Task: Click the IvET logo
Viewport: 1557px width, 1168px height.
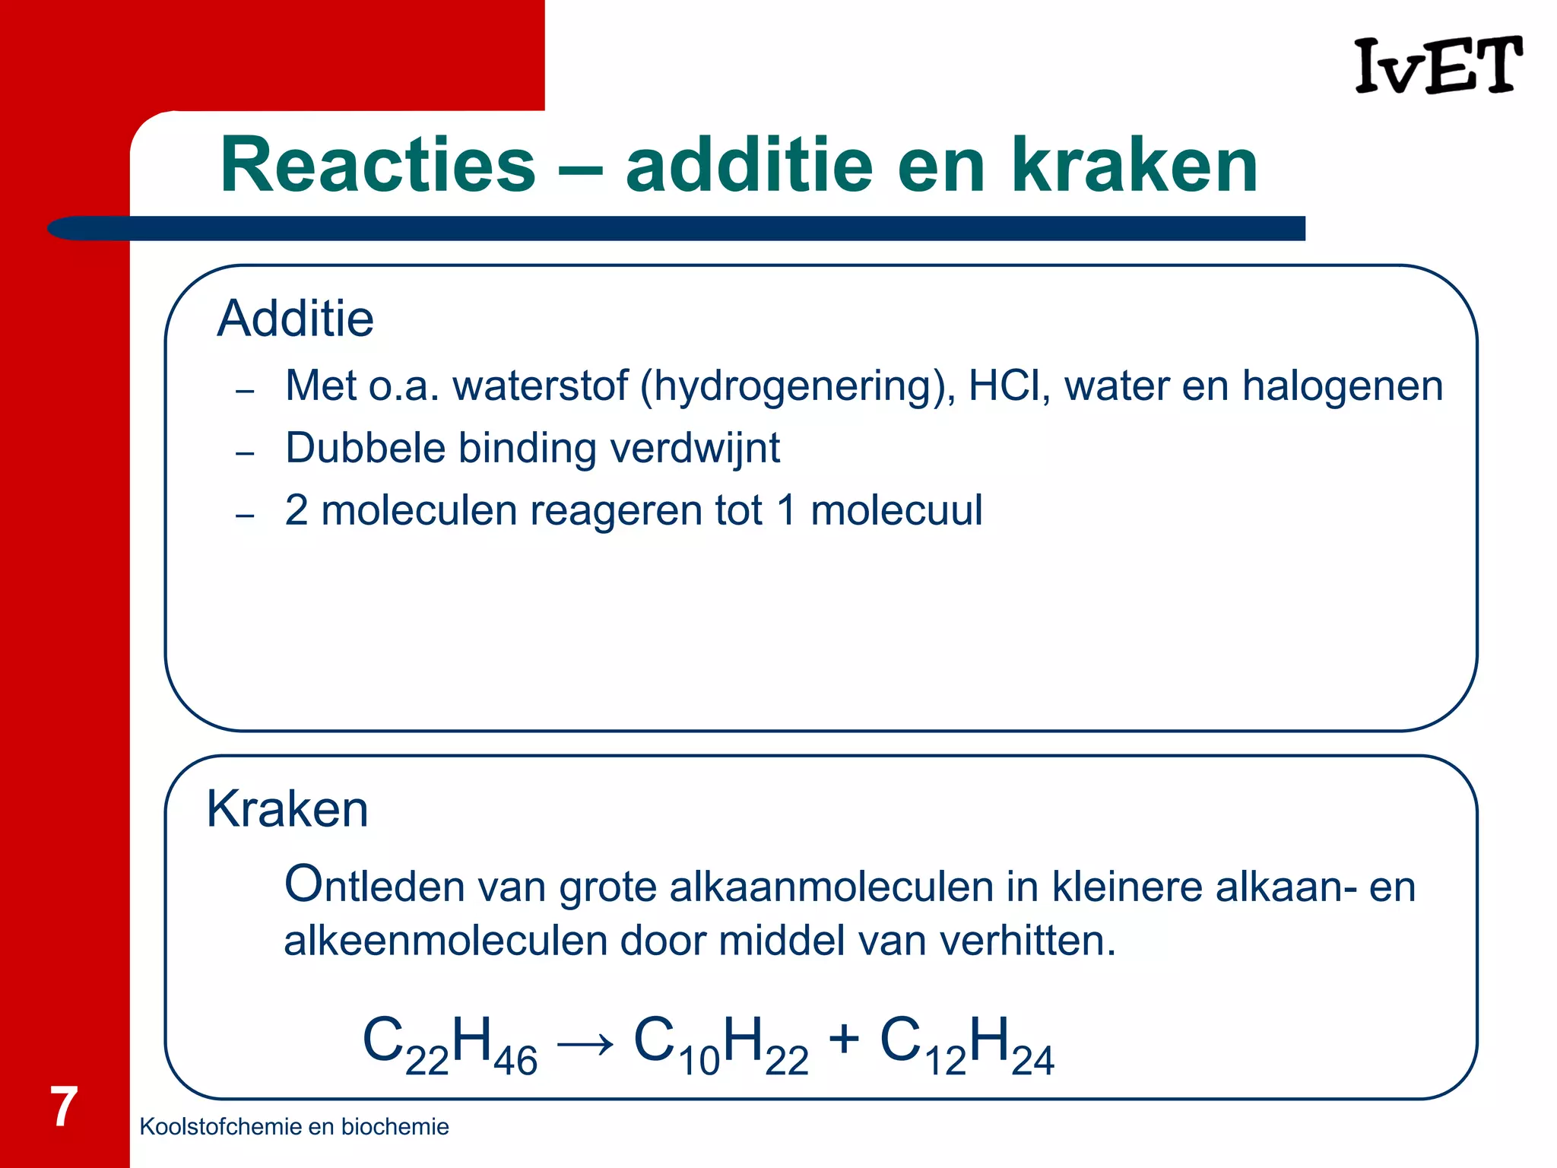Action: tap(1438, 66)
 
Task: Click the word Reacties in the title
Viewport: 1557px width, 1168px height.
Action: tap(378, 165)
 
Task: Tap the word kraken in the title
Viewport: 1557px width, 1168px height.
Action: tap(1134, 165)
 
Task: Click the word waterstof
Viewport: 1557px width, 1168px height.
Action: tap(540, 386)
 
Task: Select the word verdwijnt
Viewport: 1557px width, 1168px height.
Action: tap(695, 447)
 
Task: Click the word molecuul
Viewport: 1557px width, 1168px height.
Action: tap(896, 509)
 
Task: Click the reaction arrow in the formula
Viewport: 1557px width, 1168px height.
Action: tap(585, 1043)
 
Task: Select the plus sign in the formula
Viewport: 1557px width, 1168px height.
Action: tap(844, 1039)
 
